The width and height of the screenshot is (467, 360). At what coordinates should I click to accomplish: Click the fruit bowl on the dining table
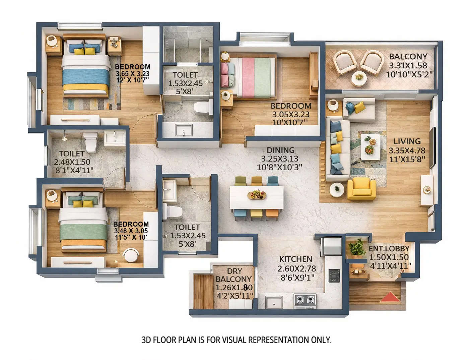(x=257, y=195)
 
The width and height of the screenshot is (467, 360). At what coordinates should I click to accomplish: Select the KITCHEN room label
(x=295, y=259)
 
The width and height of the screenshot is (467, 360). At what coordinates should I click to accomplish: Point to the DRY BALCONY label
(x=233, y=275)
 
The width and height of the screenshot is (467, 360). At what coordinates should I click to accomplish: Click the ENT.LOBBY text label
(x=389, y=248)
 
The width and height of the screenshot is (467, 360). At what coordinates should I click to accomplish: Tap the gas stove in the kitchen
(x=305, y=299)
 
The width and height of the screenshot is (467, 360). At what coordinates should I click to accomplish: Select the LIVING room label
(x=407, y=141)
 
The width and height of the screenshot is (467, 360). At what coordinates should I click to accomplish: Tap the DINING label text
(x=280, y=150)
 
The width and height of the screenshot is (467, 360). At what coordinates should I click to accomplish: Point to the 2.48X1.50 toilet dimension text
(x=72, y=162)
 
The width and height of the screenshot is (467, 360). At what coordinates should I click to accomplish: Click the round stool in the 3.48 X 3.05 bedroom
(x=131, y=256)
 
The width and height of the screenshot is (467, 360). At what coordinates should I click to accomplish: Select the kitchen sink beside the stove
(x=274, y=301)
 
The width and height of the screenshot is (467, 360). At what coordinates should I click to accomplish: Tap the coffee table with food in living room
(x=370, y=147)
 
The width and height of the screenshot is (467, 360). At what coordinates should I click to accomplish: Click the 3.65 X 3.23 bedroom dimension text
(x=132, y=74)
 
